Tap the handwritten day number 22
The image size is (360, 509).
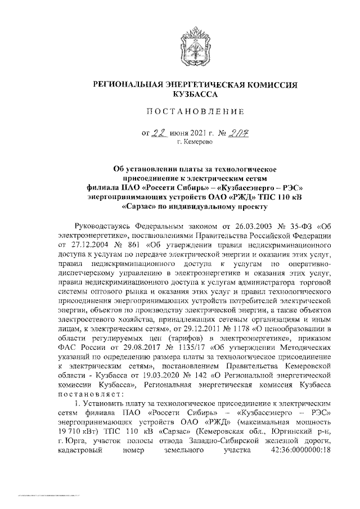coord(162,133)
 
